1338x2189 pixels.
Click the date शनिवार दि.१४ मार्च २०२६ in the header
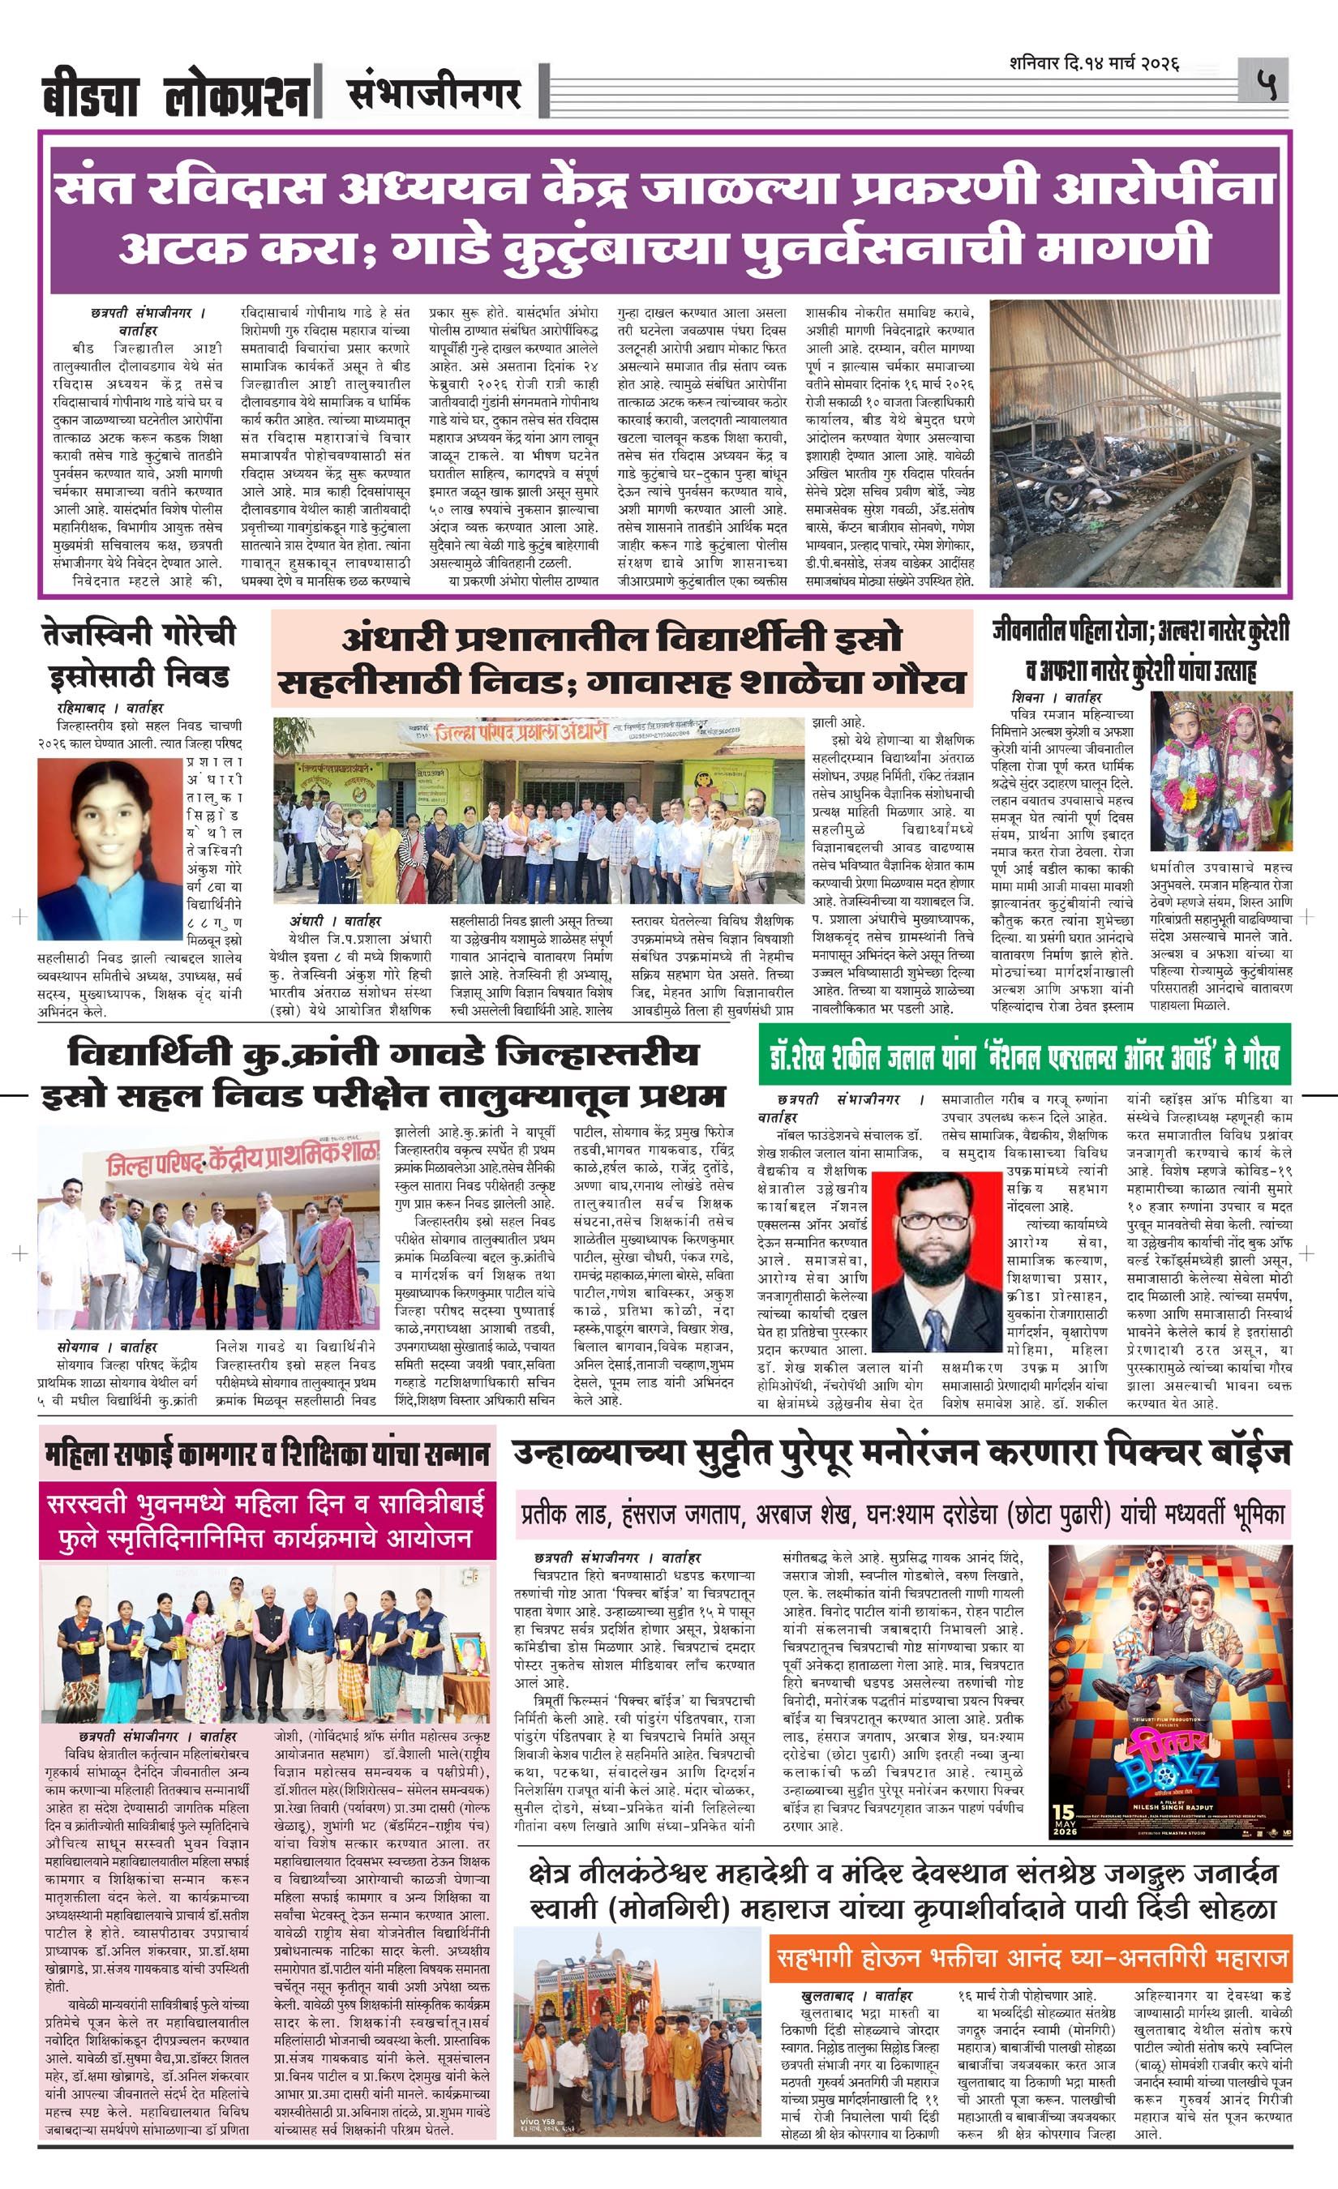tap(1094, 64)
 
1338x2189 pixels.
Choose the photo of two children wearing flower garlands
tap(1221, 770)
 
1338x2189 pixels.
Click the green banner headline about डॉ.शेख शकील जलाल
tap(1024, 1055)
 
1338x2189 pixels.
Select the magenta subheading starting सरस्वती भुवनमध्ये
tap(267, 1520)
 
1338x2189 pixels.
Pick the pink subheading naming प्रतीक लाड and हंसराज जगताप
tap(902, 1514)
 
